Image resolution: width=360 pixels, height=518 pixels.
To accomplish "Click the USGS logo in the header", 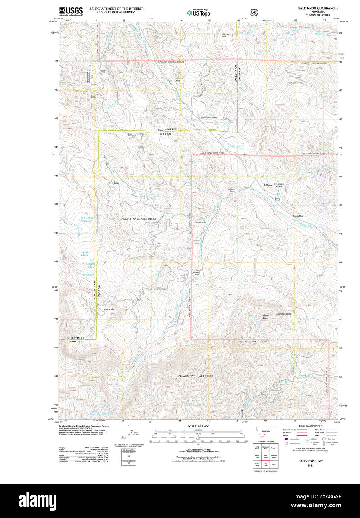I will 71,11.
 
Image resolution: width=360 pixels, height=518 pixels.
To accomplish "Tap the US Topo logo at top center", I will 199,13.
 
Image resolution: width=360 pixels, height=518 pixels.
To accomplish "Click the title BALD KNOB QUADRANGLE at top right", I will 318,8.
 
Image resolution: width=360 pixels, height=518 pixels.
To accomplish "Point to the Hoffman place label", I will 267,185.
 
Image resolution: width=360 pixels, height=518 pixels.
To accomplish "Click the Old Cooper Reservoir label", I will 88,219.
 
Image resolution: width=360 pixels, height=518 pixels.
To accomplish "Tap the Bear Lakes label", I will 85,253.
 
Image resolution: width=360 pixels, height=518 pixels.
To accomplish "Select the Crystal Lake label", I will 90,265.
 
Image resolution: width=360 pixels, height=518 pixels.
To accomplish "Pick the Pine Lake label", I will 88,275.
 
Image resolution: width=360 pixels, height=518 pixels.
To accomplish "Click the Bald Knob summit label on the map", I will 109,310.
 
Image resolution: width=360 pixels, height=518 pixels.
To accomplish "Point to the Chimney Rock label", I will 283,314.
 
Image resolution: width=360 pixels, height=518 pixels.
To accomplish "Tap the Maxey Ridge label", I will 266,316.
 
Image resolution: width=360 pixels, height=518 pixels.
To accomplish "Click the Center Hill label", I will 226,35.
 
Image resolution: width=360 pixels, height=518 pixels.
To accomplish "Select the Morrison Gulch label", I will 279,185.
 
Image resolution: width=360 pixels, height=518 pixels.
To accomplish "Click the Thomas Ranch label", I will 200,222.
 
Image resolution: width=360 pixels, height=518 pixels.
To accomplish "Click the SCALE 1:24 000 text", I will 198,426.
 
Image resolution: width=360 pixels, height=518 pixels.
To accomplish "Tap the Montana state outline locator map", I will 265,432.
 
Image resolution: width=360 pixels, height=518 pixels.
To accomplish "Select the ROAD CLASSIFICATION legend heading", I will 310,426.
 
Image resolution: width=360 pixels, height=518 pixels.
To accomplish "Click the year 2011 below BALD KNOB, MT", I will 310,465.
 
